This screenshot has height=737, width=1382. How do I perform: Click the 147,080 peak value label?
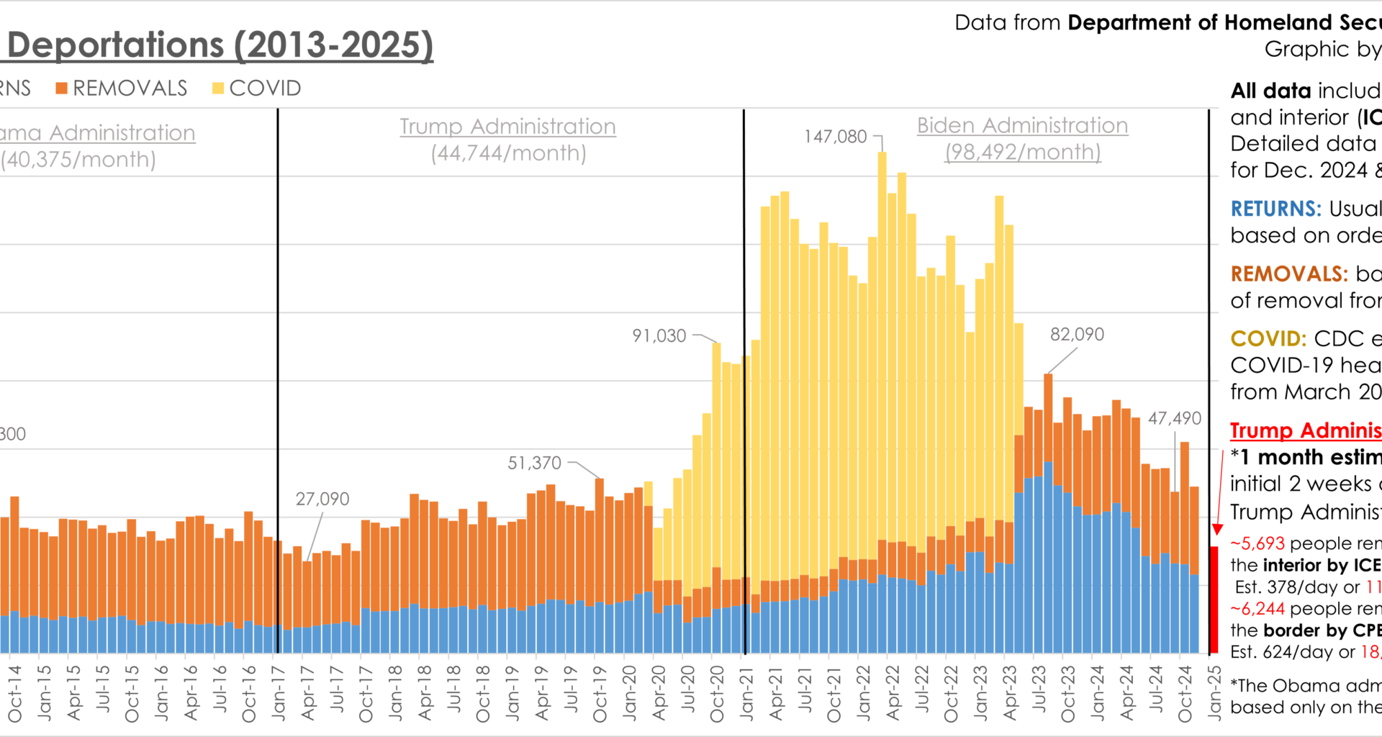(x=835, y=137)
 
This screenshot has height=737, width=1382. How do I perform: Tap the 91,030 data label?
(x=659, y=336)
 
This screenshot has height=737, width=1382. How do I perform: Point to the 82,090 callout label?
(x=1077, y=335)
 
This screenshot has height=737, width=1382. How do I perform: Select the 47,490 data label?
(x=1174, y=419)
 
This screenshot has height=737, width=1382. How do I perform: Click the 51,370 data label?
(x=534, y=464)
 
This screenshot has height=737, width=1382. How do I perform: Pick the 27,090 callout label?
(x=322, y=499)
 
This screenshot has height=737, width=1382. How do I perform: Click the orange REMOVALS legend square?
(x=62, y=89)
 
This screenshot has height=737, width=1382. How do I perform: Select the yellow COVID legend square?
(x=218, y=89)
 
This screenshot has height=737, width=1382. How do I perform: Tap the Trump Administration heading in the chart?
(x=507, y=127)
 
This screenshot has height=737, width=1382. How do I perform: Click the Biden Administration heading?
(x=1022, y=126)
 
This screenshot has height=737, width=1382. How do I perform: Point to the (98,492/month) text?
(x=1022, y=153)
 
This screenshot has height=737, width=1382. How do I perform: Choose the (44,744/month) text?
(x=508, y=153)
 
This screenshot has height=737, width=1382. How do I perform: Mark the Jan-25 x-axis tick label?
(x=1214, y=692)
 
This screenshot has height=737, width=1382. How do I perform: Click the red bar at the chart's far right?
(x=1214, y=600)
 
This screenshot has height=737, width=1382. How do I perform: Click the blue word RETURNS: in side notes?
(x=1275, y=209)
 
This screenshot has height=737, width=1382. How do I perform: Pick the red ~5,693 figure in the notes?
(x=1257, y=543)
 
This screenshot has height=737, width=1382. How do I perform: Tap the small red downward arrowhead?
(x=1217, y=530)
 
